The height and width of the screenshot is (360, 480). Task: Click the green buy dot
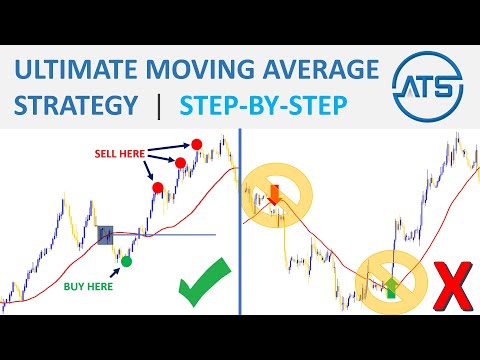(x=126, y=261)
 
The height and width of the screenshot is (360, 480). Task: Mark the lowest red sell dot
(x=158, y=187)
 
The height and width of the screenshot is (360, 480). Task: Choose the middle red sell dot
(x=180, y=162)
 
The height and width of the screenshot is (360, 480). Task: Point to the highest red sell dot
(x=197, y=144)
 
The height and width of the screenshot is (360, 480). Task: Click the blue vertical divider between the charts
(x=240, y=230)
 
